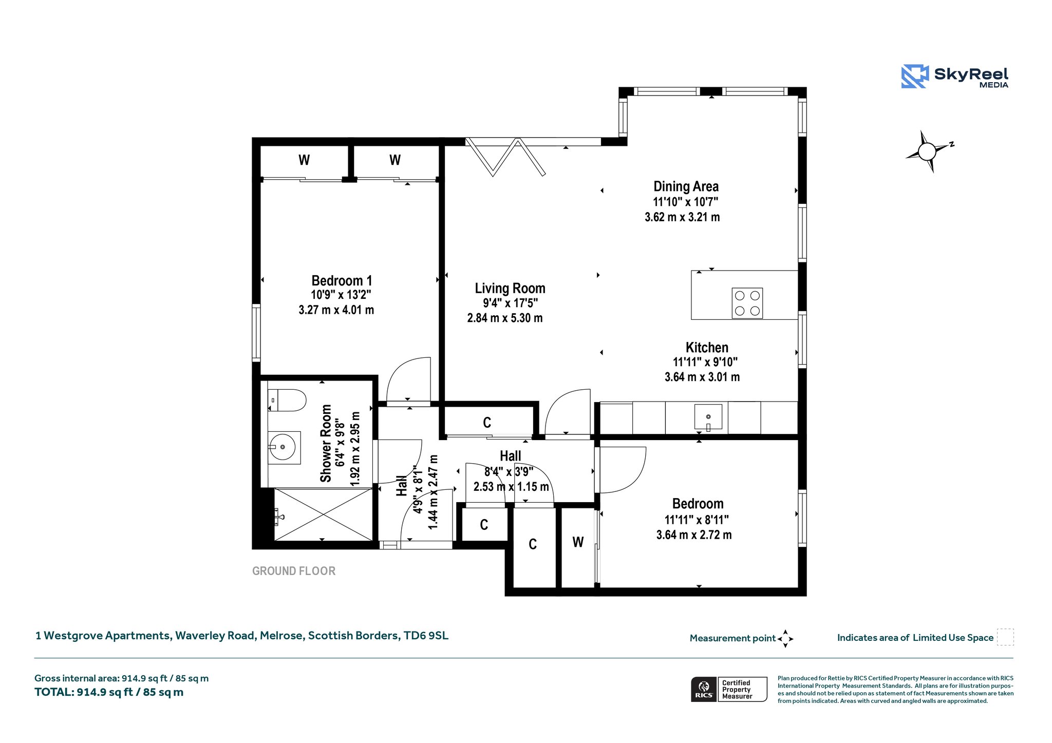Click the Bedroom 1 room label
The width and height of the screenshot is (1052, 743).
tap(342, 280)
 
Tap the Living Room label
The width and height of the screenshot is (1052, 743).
tap(510, 288)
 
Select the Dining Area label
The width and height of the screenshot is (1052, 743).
tap(686, 186)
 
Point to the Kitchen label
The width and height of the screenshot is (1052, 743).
tap(707, 347)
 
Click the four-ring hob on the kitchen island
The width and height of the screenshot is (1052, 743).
tap(747, 303)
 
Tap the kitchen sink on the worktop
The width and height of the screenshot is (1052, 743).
tap(708, 417)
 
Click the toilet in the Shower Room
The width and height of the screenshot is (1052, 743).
tap(287, 401)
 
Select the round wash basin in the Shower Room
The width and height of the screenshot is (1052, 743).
tap(282, 447)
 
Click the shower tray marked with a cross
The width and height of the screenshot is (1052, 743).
tap(323, 515)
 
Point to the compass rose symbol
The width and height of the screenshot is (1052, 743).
tap(928, 151)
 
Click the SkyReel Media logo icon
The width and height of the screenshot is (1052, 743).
tap(915, 77)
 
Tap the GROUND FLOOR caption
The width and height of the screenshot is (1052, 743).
tap(294, 571)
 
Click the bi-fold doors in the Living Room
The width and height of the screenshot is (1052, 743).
tap(505, 157)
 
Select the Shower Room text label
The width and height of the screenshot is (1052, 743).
tap(326, 444)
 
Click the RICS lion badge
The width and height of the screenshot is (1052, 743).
tap(704, 689)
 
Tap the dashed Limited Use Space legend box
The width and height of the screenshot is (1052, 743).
tap(1005, 637)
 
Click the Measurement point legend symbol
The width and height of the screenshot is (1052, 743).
tap(785, 639)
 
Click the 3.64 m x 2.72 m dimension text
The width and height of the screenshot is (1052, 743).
tap(694, 535)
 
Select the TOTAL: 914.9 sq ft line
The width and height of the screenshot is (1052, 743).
tap(109, 692)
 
